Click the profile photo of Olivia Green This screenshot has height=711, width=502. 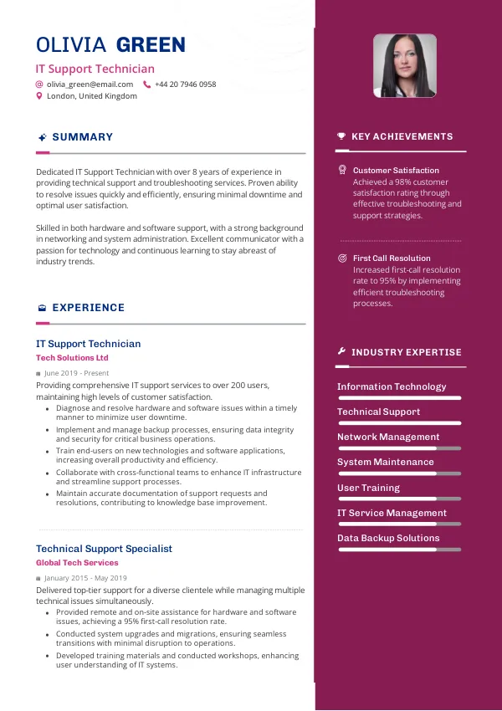(404, 66)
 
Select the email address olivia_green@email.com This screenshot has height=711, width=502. (90, 84)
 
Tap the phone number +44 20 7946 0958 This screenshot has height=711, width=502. (185, 84)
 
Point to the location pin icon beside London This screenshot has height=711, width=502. (38, 96)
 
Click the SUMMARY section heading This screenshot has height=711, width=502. (82, 137)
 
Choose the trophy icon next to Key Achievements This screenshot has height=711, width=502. (341, 136)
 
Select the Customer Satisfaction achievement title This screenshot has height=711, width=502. (396, 171)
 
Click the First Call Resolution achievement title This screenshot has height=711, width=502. (392, 258)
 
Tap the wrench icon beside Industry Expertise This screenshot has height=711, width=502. (341, 352)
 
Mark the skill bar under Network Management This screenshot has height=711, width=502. (399, 448)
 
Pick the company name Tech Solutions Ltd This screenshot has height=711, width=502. (72, 358)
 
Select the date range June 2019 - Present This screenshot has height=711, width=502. (76, 373)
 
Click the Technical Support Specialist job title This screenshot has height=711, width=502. (104, 549)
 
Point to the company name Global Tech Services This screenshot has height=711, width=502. (77, 563)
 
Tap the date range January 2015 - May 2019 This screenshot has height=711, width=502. (85, 578)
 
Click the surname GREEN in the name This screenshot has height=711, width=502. (151, 45)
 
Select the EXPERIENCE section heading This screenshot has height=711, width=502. (88, 308)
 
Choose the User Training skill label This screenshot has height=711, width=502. (368, 488)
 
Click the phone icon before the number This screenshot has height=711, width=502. (147, 84)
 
